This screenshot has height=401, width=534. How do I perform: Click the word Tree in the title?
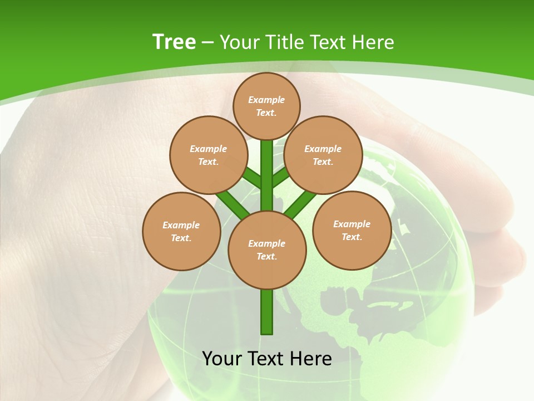tap(174, 42)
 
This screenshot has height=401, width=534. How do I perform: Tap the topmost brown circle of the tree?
tap(266, 106)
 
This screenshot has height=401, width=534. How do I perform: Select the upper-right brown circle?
tap(323, 155)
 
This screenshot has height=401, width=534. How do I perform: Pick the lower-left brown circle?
tap(181, 231)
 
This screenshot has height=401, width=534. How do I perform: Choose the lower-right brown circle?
tap(352, 230)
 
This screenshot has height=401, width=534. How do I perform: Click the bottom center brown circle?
tap(267, 250)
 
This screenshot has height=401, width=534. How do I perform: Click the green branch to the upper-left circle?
tap(251, 178)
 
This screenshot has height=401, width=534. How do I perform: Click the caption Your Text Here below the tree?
tap(267, 358)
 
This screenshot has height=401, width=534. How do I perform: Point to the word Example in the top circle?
tap(266, 100)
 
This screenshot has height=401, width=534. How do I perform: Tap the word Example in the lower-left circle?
tap(181, 225)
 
